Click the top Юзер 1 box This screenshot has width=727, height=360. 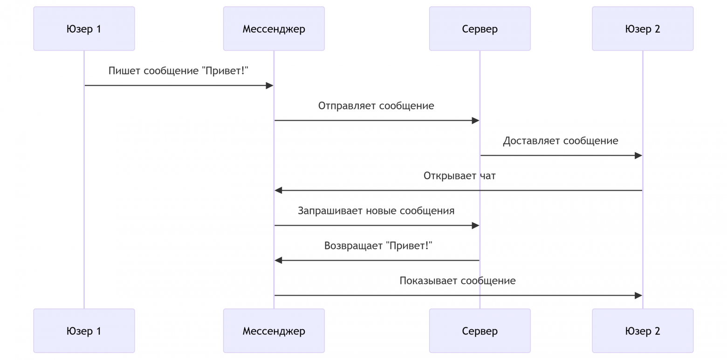click(x=84, y=29)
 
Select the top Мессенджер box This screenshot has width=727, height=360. click(x=274, y=29)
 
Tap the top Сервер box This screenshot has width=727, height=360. click(x=480, y=29)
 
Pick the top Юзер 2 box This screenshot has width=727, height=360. click(x=643, y=29)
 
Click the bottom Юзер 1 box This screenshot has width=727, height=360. click(x=84, y=331)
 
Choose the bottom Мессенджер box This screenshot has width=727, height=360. click(x=274, y=331)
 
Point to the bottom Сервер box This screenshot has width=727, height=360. click(x=480, y=331)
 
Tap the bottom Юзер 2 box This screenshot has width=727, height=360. click(x=643, y=331)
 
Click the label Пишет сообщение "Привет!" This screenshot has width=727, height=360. click(x=178, y=71)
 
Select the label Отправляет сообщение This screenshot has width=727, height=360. click(x=376, y=106)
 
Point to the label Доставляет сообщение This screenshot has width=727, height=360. click(x=560, y=141)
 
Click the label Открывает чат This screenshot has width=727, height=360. click(x=460, y=176)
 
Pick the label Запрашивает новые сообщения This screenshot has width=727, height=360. click(x=376, y=211)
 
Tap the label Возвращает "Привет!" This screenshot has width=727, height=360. click(x=378, y=246)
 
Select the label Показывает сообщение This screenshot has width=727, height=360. click(x=457, y=281)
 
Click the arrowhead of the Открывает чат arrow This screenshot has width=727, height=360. click(x=278, y=190)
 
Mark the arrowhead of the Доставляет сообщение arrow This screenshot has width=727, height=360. click(x=638, y=155)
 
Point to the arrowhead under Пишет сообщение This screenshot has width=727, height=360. click(x=269, y=85)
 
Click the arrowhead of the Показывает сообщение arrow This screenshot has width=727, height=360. click(x=638, y=295)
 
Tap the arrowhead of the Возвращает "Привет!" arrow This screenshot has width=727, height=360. click(x=278, y=260)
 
